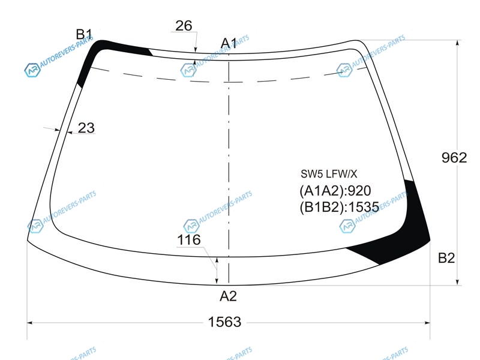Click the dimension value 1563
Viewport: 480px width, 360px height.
point(224,322)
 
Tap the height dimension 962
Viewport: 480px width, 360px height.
point(454,158)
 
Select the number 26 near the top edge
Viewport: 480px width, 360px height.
point(184,26)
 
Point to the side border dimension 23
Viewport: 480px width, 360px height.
point(86,128)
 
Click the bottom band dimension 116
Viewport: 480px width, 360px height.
point(189,239)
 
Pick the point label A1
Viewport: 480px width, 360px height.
point(229,43)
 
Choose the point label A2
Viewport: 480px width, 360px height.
point(229,296)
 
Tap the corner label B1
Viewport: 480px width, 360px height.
point(84,34)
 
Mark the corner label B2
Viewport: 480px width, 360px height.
point(446,258)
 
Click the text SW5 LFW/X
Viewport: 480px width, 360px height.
point(329,174)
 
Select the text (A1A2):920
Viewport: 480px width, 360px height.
point(335,191)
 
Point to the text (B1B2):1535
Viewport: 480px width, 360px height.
point(339,207)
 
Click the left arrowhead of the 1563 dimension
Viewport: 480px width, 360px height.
point(30,322)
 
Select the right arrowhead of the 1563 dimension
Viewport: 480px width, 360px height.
point(427,322)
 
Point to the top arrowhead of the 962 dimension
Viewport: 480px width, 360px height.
point(457,43)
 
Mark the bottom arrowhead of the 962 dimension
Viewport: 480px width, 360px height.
point(457,282)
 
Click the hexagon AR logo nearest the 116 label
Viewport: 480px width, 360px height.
point(191,226)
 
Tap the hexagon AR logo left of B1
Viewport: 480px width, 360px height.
point(32,70)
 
